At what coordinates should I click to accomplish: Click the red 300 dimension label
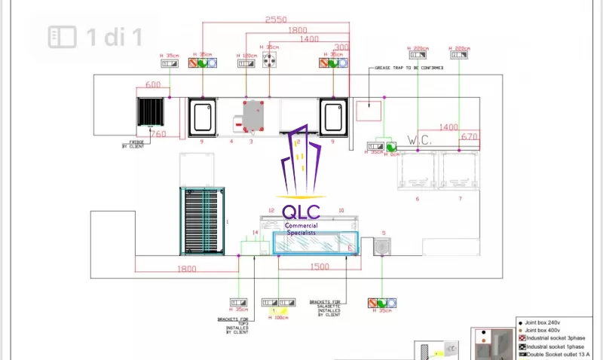pyautogui.click(x=341, y=47)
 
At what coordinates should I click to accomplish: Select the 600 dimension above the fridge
pyautogui.click(x=152, y=85)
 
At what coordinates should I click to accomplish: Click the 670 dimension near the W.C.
pyautogui.click(x=470, y=137)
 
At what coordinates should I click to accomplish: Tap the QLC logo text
pyautogui.click(x=301, y=212)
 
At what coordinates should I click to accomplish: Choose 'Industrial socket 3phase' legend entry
pyautogui.click(x=555, y=338)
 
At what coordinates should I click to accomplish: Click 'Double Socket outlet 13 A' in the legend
pyautogui.click(x=558, y=355)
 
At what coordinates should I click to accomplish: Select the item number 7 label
pyautogui.click(x=459, y=199)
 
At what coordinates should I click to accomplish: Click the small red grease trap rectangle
pyautogui.click(x=369, y=110)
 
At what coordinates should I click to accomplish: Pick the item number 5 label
pyautogui.click(x=384, y=233)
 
